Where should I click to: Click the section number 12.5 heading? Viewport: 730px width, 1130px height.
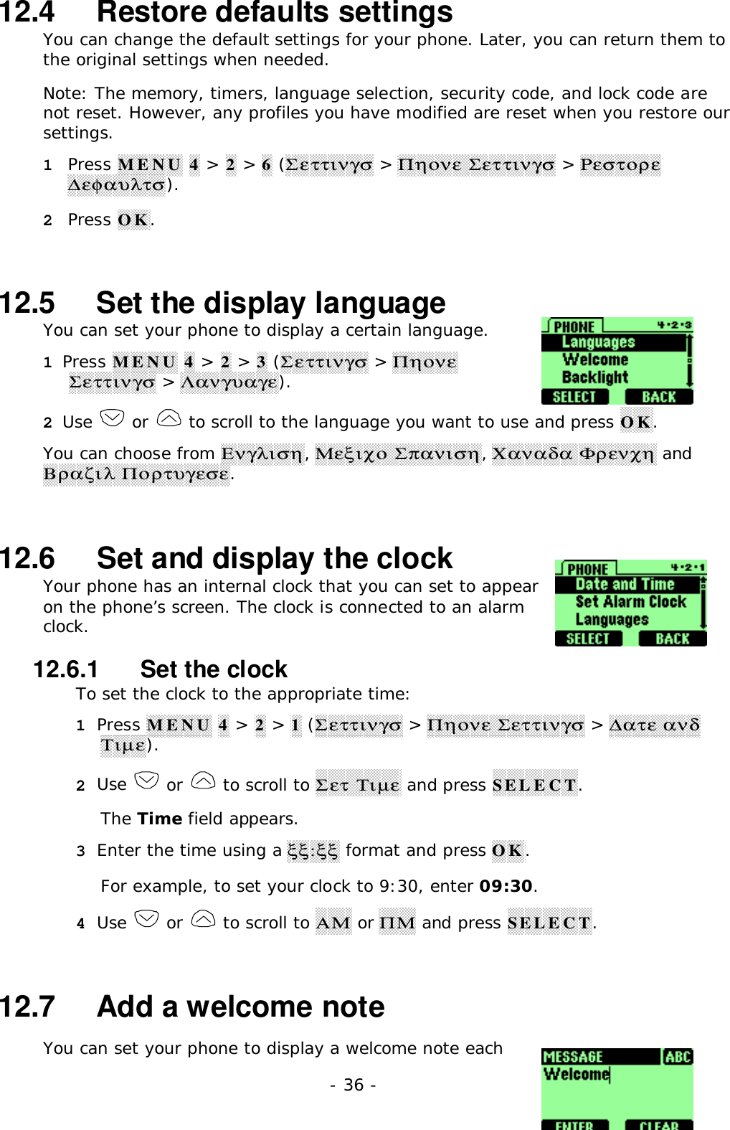pyautogui.click(x=27, y=303)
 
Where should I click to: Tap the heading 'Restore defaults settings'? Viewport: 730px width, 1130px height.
pyautogui.click(x=274, y=13)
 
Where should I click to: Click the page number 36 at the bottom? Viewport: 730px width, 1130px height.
pyautogui.click(x=353, y=1085)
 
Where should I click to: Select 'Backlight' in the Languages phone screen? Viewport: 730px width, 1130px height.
pyautogui.click(x=594, y=377)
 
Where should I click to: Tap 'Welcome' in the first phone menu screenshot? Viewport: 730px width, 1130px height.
pyautogui.click(x=594, y=359)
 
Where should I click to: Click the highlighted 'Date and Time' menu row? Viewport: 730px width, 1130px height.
pyautogui.click(x=625, y=585)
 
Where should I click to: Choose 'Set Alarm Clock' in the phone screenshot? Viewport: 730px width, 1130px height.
pyautogui.click(x=630, y=602)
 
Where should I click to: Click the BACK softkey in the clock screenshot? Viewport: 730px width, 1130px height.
pyautogui.click(x=672, y=639)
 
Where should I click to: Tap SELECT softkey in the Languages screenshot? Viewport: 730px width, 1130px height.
pyautogui.click(x=574, y=397)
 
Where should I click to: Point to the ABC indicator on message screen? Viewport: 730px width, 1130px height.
pyautogui.click(x=677, y=1057)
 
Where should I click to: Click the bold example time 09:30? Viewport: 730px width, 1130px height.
pyautogui.click(x=506, y=886)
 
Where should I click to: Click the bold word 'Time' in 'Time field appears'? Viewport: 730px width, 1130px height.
pyautogui.click(x=159, y=819)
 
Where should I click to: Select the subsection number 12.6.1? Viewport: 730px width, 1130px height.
pyautogui.click(x=66, y=669)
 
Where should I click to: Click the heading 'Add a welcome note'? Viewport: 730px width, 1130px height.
pyautogui.click(x=240, y=1007)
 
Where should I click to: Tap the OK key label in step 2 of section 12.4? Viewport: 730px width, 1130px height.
pyautogui.click(x=133, y=220)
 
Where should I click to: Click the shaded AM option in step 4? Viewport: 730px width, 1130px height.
pyautogui.click(x=333, y=923)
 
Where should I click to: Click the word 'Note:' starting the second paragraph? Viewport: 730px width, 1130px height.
pyautogui.click(x=65, y=93)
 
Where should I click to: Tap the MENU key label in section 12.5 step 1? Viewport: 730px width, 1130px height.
pyautogui.click(x=144, y=362)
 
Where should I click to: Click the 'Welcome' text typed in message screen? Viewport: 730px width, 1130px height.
pyautogui.click(x=576, y=1074)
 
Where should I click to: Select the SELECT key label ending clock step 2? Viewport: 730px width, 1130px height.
pyautogui.click(x=534, y=785)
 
